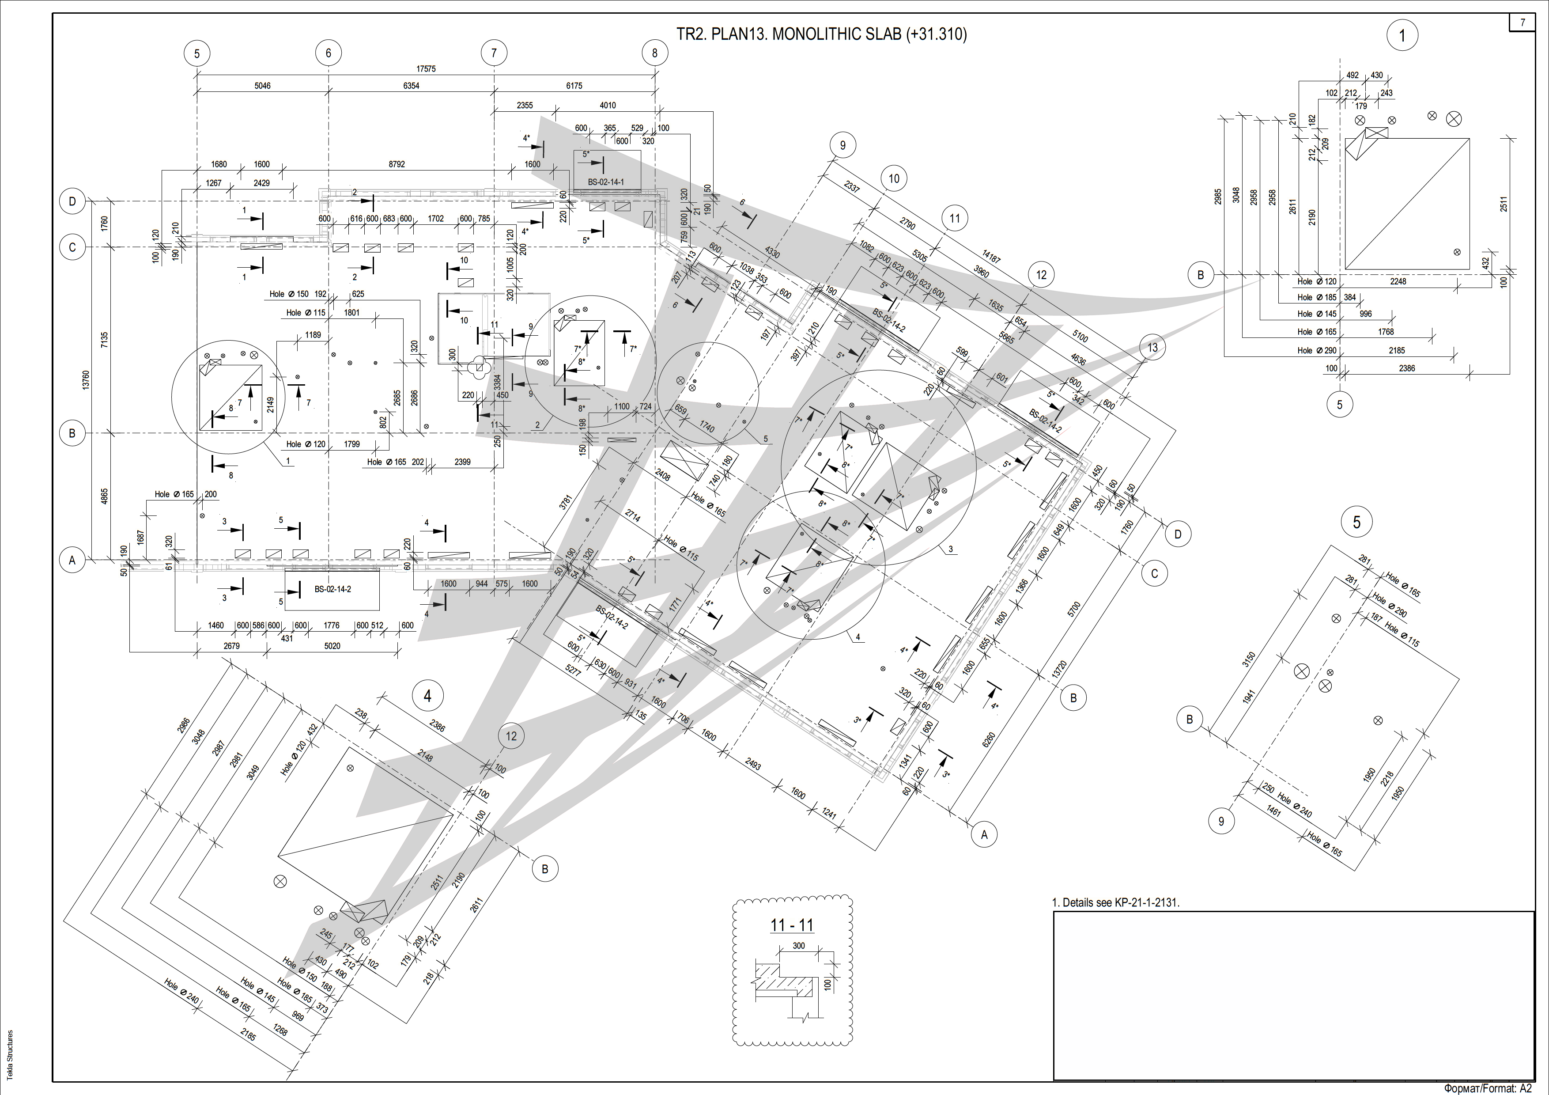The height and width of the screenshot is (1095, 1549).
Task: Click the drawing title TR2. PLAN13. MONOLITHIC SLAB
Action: click(821, 34)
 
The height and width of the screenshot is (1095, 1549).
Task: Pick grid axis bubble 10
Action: click(894, 179)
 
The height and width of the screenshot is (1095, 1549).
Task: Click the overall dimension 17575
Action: click(426, 69)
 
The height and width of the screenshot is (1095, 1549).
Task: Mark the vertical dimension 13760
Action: click(86, 380)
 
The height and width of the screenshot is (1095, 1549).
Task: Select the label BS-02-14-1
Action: click(606, 182)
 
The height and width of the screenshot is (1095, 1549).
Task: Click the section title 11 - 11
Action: click(792, 925)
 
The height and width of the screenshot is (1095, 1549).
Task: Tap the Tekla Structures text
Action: click(9, 1054)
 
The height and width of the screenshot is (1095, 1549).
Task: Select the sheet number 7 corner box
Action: click(1523, 22)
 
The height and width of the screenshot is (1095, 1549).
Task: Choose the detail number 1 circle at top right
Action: click(1402, 35)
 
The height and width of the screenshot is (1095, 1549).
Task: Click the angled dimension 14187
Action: click(991, 256)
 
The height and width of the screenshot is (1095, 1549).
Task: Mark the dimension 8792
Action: click(397, 164)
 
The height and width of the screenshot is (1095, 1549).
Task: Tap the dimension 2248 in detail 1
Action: click(1398, 281)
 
